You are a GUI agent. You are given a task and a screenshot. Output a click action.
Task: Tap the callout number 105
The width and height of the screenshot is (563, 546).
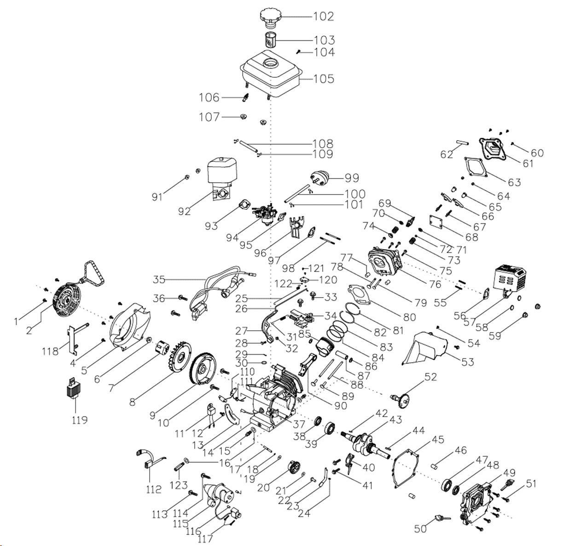click(x=324, y=79)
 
